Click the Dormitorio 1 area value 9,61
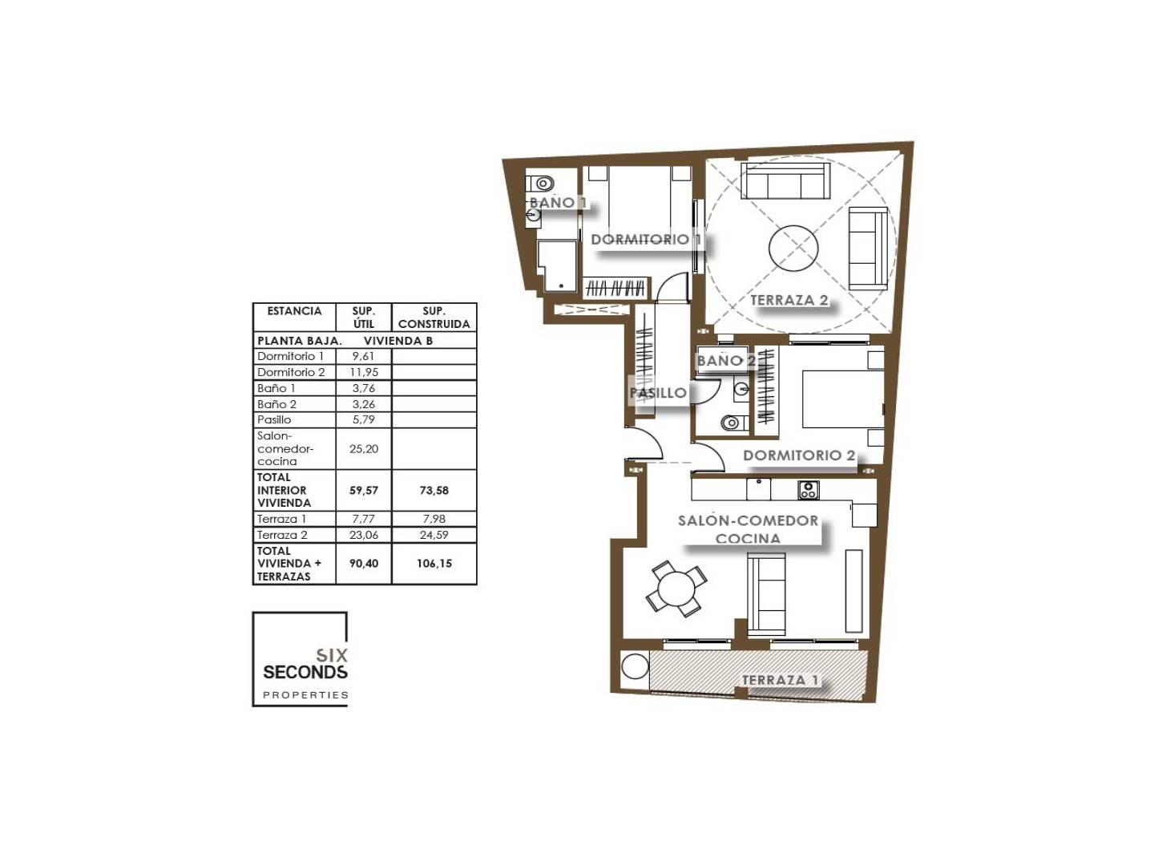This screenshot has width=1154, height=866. (363, 357)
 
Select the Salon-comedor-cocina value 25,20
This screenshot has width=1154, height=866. (363, 449)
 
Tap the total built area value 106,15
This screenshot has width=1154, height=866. (434, 564)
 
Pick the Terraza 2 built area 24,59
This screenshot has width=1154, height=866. (434, 536)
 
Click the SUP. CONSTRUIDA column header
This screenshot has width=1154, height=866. (434, 318)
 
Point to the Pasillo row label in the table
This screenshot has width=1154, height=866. (274, 419)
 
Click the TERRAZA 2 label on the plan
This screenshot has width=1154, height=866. (789, 300)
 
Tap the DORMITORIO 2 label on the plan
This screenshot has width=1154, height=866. (799, 455)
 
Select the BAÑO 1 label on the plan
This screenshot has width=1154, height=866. (557, 202)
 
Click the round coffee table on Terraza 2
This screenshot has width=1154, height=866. (793, 249)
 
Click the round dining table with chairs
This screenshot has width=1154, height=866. (676, 589)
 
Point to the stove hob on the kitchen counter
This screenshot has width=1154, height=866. (808, 490)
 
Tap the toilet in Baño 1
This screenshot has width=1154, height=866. (540, 184)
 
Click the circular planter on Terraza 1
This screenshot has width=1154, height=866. (635, 666)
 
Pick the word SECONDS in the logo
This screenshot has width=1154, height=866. (305, 673)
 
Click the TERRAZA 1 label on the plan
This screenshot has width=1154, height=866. (780, 680)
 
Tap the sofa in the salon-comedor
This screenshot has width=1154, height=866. (767, 593)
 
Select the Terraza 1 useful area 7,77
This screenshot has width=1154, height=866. (363, 519)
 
